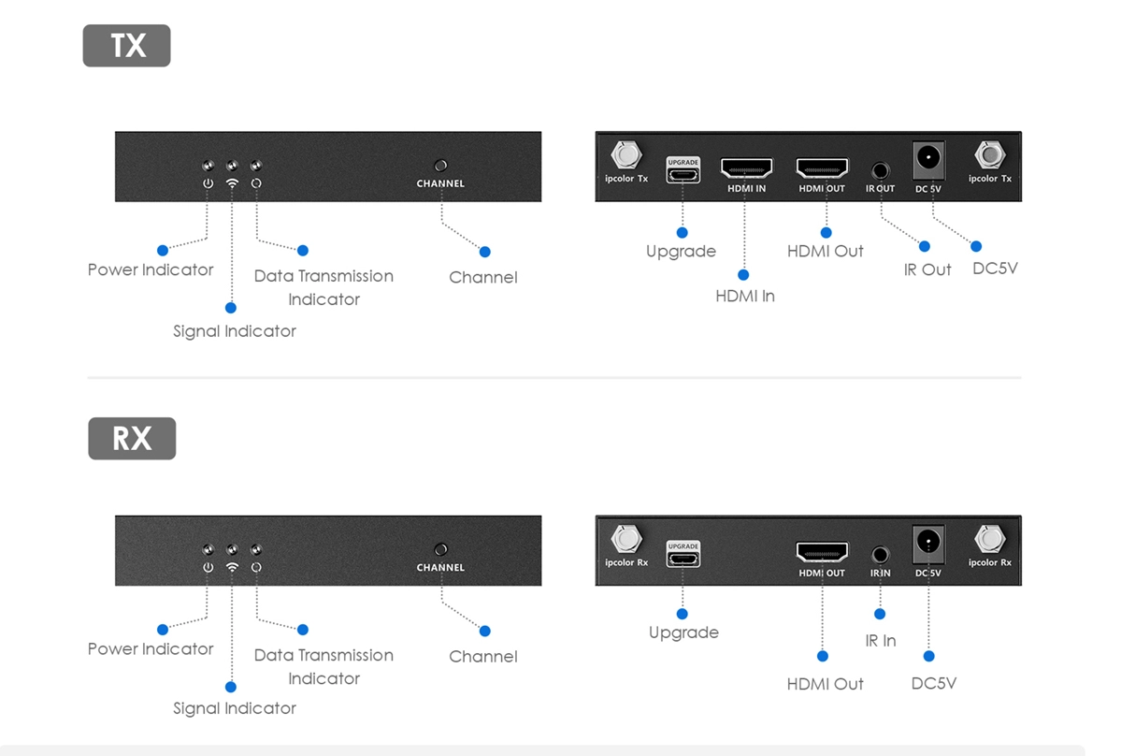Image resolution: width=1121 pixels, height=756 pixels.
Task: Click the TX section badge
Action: coord(127,46)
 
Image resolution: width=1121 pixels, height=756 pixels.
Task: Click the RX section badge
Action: coord(132,439)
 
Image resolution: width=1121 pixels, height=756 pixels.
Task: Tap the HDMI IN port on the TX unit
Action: coord(746,169)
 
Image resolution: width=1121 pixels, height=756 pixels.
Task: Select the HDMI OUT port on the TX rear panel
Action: coord(822,168)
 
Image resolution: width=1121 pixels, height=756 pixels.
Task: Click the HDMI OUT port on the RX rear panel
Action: coord(822,552)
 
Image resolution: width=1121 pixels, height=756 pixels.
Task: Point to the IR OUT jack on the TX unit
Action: coord(880,170)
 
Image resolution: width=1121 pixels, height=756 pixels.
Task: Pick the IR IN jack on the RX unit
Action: coord(880,555)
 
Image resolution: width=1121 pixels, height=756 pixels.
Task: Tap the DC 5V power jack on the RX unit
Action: coord(928,542)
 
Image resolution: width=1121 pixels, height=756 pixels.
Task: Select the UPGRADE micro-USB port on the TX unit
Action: coord(683,174)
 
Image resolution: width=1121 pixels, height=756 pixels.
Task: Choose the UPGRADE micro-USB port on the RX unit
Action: coord(683,558)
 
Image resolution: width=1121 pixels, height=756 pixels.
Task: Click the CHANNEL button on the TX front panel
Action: coord(441,165)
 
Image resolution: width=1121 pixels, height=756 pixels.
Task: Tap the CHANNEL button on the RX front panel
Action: coord(441,549)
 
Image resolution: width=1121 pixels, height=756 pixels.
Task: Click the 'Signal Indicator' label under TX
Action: coord(235,331)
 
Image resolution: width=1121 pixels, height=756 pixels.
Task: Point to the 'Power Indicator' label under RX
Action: coord(151,649)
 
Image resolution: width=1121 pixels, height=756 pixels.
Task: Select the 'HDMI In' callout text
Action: coord(745,296)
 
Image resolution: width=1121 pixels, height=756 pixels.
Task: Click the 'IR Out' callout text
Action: coord(927,269)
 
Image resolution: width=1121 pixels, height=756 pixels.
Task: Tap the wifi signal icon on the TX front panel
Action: coord(232,183)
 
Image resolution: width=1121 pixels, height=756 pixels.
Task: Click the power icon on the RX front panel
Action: coord(208,567)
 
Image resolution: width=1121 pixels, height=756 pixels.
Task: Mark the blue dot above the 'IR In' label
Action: coord(880,615)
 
